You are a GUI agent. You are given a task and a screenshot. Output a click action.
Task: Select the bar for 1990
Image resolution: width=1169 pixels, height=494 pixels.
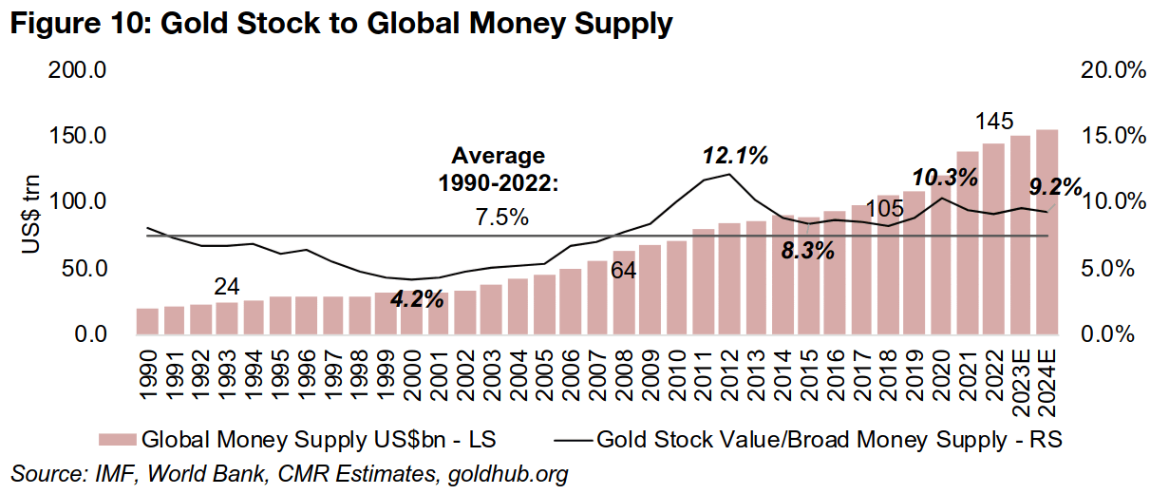tap(147, 321)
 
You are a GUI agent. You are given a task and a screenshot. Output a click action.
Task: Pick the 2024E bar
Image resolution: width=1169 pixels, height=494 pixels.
tap(1046, 233)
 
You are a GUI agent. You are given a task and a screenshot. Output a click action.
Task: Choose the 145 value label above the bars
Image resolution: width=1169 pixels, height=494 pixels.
tap(994, 122)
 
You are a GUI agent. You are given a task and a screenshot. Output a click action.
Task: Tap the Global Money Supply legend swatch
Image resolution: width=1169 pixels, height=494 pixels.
tap(117, 440)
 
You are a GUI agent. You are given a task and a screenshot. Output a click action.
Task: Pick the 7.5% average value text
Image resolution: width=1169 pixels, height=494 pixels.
tap(501, 218)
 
